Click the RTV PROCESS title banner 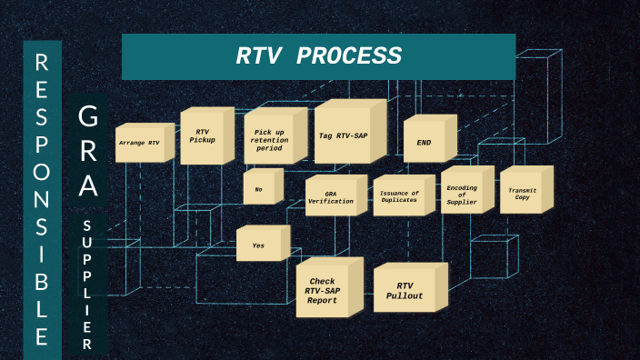pos(318,56)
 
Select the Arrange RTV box pos(139,144)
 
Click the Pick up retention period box pos(268,140)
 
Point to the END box pos(424,143)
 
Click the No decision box pos(258,189)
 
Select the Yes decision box pos(259,245)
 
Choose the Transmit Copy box pos(522,193)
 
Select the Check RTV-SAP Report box pos(323,290)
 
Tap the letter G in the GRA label pos(88,117)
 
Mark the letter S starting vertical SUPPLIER pos(87,225)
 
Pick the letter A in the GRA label pos(88,187)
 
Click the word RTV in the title pos(256,56)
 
